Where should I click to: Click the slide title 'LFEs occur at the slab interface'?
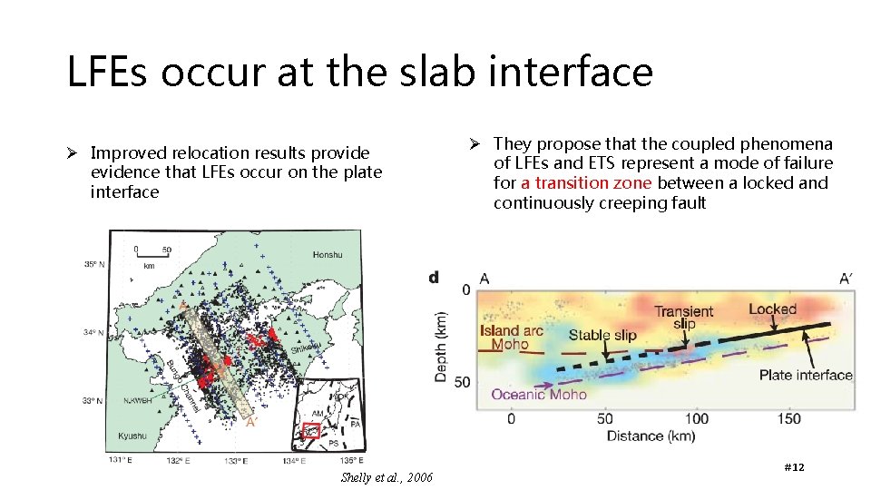pyautogui.click(x=359, y=72)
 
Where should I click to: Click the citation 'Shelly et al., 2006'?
pyautogui.click(x=387, y=478)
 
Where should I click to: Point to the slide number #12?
pyautogui.click(x=793, y=466)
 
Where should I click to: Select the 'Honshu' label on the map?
pyautogui.click(x=328, y=255)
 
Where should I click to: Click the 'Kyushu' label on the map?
pyautogui.click(x=132, y=436)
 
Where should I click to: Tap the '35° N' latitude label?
pyautogui.click(x=95, y=265)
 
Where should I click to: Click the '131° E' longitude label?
pyautogui.click(x=122, y=461)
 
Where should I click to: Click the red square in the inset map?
pyautogui.click(x=311, y=430)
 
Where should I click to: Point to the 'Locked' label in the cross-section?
pyautogui.click(x=772, y=309)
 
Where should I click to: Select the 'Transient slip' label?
pyautogui.click(x=684, y=318)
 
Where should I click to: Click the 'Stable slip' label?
pyautogui.click(x=602, y=335)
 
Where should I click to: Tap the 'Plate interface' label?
pyautogui.click(x=806, y=375)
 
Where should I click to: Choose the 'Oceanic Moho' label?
pyautogui.click(x=539, y=395)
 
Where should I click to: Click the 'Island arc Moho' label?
pyautogui.click(x=511, y=338)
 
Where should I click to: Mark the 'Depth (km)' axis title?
pyautogui.click(x=441, y=321)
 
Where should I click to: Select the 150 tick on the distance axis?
pyautogui.click(x=789, y=418)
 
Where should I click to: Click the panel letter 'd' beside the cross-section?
pyautogui.click(x=435, y=277)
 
